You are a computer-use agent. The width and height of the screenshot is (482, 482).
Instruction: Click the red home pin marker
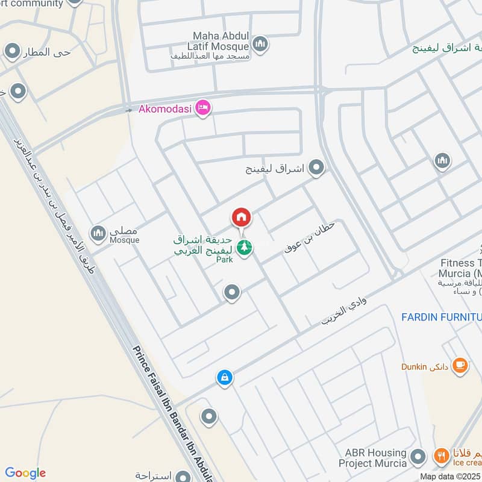pyautogui.click(x=241, y=218)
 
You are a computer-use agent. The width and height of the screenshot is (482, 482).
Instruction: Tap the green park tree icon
pyautogui.click(x=243, y=247)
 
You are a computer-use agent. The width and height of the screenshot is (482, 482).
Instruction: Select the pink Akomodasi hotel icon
pyautogui.click(x=203, y=108)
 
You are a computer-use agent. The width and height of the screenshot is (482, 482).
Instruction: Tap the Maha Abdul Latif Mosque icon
pyautogui.click(x=260, y=43)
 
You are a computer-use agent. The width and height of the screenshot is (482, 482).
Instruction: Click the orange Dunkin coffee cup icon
pyautogui.click(x=459, y=365)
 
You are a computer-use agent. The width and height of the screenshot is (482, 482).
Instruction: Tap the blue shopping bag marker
pyautogui.click(x=224, y=378)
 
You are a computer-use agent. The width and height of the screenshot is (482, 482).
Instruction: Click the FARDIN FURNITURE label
pyautogui.click(x=442, y=316)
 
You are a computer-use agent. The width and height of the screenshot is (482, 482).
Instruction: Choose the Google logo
pyautogui.click(x=25, y=473)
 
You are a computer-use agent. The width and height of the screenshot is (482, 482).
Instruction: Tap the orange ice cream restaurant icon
pyautogui.click(x=442, y=456)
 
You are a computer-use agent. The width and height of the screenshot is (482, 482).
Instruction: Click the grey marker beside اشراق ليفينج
pyautogui.click(x=316, y=168)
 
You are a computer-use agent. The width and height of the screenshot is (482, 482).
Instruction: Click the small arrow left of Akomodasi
pyautogui.click(x=128, y=110)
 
